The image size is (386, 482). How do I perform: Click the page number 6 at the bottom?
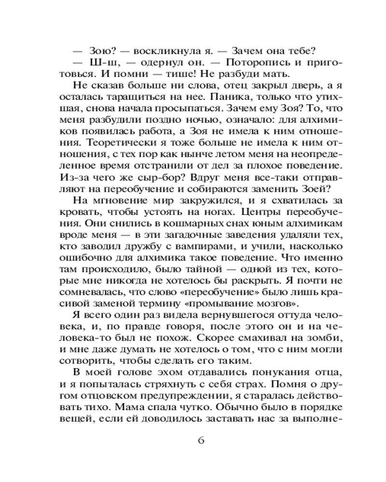click(x=202, y=442)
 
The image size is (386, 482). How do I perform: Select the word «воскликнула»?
click(x=155, y=52)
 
